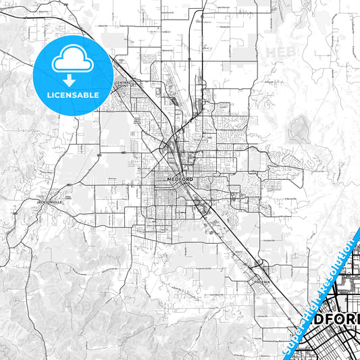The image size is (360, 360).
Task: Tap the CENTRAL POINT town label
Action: click(x=122, y=84)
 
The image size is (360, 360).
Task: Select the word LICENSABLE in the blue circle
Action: click(x=73, y=95)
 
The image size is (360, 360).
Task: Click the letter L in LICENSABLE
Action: click(x=48, y=95)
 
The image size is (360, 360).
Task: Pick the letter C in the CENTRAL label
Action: click(x=116, y=82)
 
